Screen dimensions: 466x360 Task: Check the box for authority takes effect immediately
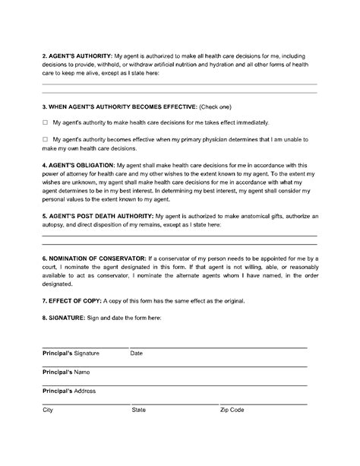45,122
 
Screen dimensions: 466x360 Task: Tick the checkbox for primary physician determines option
45,139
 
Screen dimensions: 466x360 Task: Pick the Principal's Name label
70,372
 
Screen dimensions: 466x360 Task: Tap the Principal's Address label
74,391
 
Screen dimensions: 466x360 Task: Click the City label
48,410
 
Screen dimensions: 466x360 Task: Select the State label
139,410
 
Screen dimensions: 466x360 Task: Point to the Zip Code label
232,410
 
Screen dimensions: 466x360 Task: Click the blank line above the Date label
220,347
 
